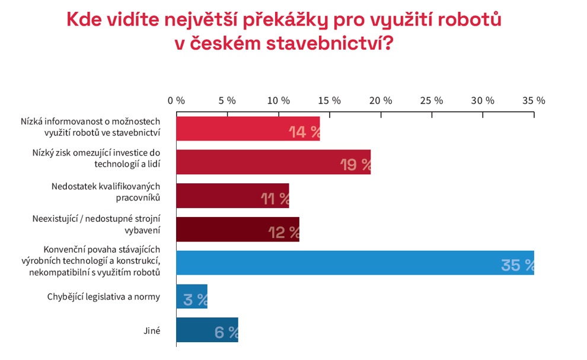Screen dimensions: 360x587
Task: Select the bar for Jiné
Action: tap(207, 330)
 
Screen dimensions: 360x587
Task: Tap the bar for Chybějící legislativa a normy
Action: tap(192, 297)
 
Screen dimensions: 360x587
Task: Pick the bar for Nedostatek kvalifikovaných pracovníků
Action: tap(232, 196)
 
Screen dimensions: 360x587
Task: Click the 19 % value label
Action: tap(355, 165)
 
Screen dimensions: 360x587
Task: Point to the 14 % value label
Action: tap(304, 132)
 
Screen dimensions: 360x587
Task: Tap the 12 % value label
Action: tap(284, 232)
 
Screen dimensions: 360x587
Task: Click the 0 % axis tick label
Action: tap(176, 100)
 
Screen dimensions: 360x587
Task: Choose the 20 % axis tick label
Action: tap(380, 100)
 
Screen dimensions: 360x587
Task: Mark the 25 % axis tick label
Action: tap(431, 100)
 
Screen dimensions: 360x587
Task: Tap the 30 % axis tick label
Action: tap(482, 100)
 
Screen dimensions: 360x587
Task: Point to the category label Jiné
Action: tap(151, 330)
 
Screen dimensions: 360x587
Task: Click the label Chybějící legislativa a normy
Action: tap(104, 297)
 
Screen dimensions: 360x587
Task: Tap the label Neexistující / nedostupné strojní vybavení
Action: tap(96, 224)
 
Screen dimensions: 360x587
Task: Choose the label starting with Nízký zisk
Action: tap(96, 157)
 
